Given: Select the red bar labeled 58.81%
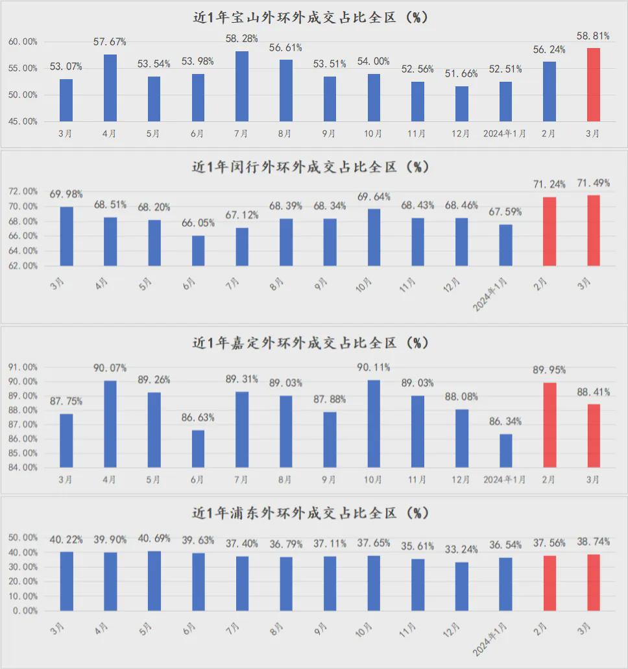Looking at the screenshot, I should click(593, 84).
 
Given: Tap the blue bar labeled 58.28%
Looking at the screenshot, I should click(242, 86).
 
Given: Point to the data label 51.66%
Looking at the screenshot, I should click(461, 74).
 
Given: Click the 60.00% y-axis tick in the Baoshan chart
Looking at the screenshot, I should click(23, 42).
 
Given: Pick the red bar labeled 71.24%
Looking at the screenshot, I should click(549, 232).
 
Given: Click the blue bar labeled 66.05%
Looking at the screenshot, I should click(198, 250).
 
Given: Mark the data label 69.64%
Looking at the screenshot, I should click(373, 197).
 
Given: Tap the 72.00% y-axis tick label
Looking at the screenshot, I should click(23, 191).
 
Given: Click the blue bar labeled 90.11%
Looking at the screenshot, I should click(374, 424).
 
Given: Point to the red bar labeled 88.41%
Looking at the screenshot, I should click(593, 435).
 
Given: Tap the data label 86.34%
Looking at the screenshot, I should click(505, 422).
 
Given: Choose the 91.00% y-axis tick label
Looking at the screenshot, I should click(23, 367).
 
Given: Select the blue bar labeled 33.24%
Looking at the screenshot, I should click(461, 587).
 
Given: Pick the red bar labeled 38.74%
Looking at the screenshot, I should click(593, 583).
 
